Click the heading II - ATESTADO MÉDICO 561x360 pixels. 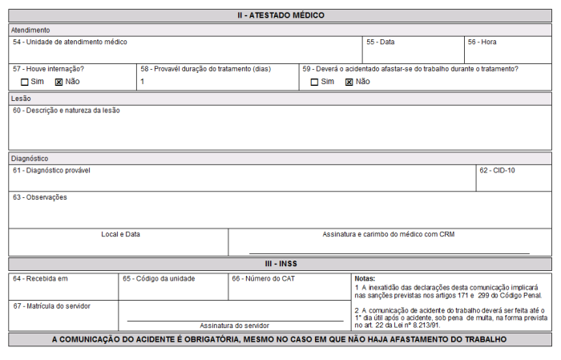click(280, 15)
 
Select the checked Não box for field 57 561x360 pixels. click(59, 82)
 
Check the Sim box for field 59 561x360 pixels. click(315, 82)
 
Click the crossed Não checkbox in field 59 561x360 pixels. click(349, 82)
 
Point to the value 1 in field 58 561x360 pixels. click(143, 82)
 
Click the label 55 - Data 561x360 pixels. click(381, 42)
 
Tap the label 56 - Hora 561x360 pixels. click(482, 42)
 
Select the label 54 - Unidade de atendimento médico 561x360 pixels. click(70, 42)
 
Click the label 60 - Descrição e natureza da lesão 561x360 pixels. click(67, 111)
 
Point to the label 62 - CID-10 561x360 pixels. click(497, 171)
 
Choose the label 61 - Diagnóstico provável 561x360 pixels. click(51, 171)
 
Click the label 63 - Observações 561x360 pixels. click(40, 197)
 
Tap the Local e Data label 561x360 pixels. click(120, 234)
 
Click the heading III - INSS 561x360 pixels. click(280, 264)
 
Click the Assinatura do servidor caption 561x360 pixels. click(234, 326)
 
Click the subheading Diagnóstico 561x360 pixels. click(30, 159)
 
